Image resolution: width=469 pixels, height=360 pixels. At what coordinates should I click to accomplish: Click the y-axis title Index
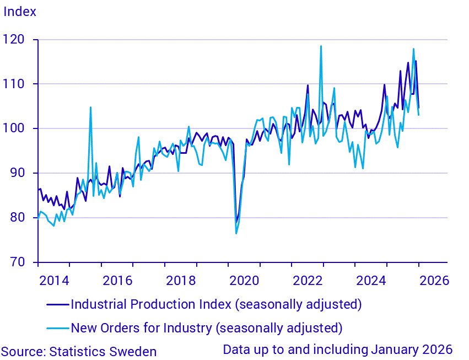[x=20, y=12]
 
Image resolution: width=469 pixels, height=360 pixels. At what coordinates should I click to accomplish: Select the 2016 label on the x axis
[x=117, y=280]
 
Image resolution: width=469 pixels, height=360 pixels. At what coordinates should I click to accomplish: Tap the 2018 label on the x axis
[x=181, y=280]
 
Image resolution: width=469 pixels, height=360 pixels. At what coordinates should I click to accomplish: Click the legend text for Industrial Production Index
[x=216, y=304]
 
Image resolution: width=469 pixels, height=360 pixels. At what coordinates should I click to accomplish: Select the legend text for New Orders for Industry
[x=207, y=328]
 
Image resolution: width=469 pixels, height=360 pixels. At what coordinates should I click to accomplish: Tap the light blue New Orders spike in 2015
[x=90, y=108]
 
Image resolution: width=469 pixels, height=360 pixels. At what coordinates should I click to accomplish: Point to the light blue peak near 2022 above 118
[x=321, y=46]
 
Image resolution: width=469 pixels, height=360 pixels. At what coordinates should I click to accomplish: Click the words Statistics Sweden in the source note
[x=103, y=352]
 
